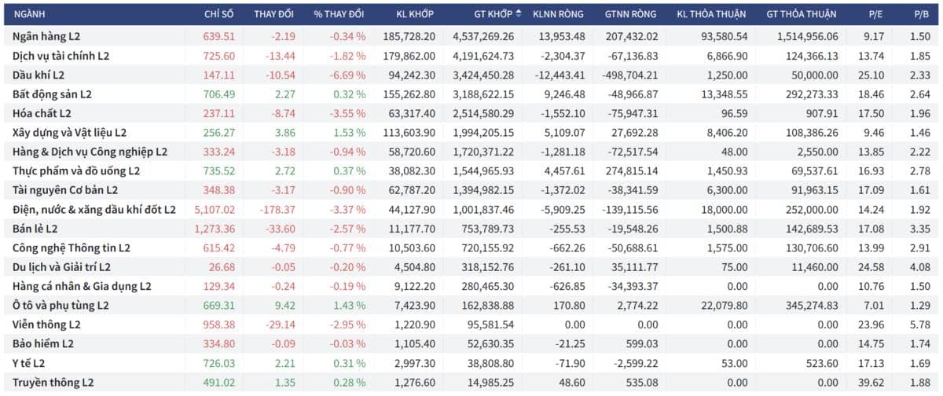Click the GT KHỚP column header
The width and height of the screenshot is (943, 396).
(493, 14)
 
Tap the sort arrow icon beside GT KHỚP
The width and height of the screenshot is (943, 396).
(518, 13)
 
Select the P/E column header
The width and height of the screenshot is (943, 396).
(875, 14)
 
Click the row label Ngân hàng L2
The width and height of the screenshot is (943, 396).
(46, 37)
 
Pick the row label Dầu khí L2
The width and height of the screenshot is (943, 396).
(39, 75)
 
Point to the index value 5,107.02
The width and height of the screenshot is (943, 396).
(215, 210)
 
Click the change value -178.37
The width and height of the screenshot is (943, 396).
(277, 210)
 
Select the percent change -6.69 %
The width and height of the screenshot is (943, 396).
(347, 75)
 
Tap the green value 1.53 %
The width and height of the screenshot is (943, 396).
(350, 133)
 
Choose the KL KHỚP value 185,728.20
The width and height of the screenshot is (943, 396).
(409, 37)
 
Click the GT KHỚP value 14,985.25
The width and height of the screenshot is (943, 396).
(490, 383)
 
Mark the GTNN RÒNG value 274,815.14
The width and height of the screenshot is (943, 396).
(632, 171)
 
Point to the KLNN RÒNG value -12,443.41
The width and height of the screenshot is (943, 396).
(560, 75)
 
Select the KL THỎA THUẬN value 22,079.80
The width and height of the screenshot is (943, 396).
(724, 306)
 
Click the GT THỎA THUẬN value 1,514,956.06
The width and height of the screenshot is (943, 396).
(808, 37)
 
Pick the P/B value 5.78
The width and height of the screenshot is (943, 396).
(920, 324)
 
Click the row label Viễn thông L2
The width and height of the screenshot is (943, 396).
(46, 324)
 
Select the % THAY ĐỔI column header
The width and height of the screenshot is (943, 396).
(339, 14)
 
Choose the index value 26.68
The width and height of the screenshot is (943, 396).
(222, 267)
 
